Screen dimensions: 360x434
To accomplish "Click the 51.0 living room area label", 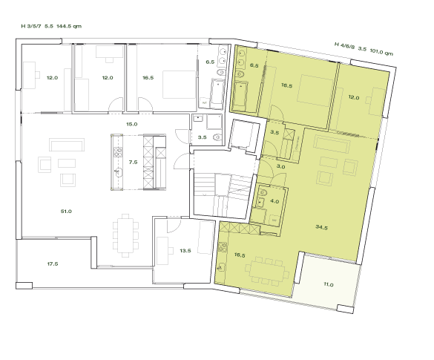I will coord(66,212).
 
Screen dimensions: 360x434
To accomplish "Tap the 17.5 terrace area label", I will coord(53,264).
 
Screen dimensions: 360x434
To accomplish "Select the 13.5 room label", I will coord(185,251).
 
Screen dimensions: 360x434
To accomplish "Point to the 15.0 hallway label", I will coord(131,124).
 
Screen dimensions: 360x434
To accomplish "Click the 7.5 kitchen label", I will coord(134,161).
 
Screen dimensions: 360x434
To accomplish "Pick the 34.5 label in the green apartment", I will coord(323,226).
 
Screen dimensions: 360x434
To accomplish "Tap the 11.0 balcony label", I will coord(329,284).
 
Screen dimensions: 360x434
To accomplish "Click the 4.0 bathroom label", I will coord(274,201).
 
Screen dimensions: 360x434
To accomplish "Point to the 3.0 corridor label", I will coord(281,167).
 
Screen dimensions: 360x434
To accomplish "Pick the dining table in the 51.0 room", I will coord(127,234).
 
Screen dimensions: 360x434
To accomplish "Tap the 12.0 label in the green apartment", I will coord(354,97).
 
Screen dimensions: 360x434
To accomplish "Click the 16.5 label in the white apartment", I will coord(148,77).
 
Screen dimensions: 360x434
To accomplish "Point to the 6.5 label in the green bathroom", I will coord(254,66).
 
